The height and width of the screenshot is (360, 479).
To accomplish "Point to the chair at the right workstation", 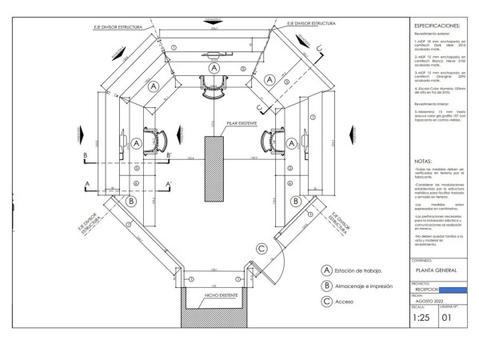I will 272,142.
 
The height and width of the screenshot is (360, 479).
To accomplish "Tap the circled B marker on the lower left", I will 130,201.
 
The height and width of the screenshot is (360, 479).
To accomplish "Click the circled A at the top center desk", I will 213,69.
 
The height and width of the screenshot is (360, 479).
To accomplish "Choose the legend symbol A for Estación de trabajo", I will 325,270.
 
